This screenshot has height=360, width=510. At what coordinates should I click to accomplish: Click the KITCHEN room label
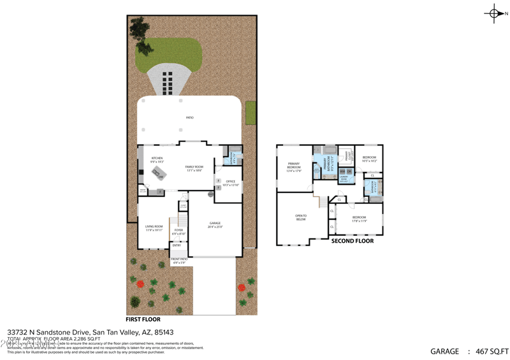click(x=157, y=159)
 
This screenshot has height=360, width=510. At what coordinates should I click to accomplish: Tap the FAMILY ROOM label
click(x=194, y=168)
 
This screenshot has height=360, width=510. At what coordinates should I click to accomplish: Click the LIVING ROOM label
click(x=154, y=227)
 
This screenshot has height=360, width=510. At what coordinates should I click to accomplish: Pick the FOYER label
click(x=179, y=231)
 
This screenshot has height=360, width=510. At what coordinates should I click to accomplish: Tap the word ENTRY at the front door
click(x=177, y=245)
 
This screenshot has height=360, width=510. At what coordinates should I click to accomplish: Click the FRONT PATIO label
click(x=179, y=260)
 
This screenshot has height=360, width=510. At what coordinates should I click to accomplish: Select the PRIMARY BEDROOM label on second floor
click(x=293, y=165)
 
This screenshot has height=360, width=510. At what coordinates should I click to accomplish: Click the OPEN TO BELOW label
click(x=301, y=217)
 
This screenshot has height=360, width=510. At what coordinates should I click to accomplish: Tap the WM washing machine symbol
click(x=342, y=171)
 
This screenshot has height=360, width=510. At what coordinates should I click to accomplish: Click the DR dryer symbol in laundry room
click(x=350, y=171)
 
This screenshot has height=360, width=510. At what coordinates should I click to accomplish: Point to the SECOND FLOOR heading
click(x=352, y=241)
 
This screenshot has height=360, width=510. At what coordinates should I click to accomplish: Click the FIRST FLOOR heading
click(x=143, y=319)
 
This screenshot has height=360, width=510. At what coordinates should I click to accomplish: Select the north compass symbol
click(x=495, y=13)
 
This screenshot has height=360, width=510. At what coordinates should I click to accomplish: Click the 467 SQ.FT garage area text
click(x=489, y=350)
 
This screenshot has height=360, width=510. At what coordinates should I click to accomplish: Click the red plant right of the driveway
click(x=242, y=287)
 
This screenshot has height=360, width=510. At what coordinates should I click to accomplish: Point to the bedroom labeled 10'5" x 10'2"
click(x=370, y=159)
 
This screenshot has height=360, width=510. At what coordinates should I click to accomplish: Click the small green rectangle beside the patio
click(x=251, y=113)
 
